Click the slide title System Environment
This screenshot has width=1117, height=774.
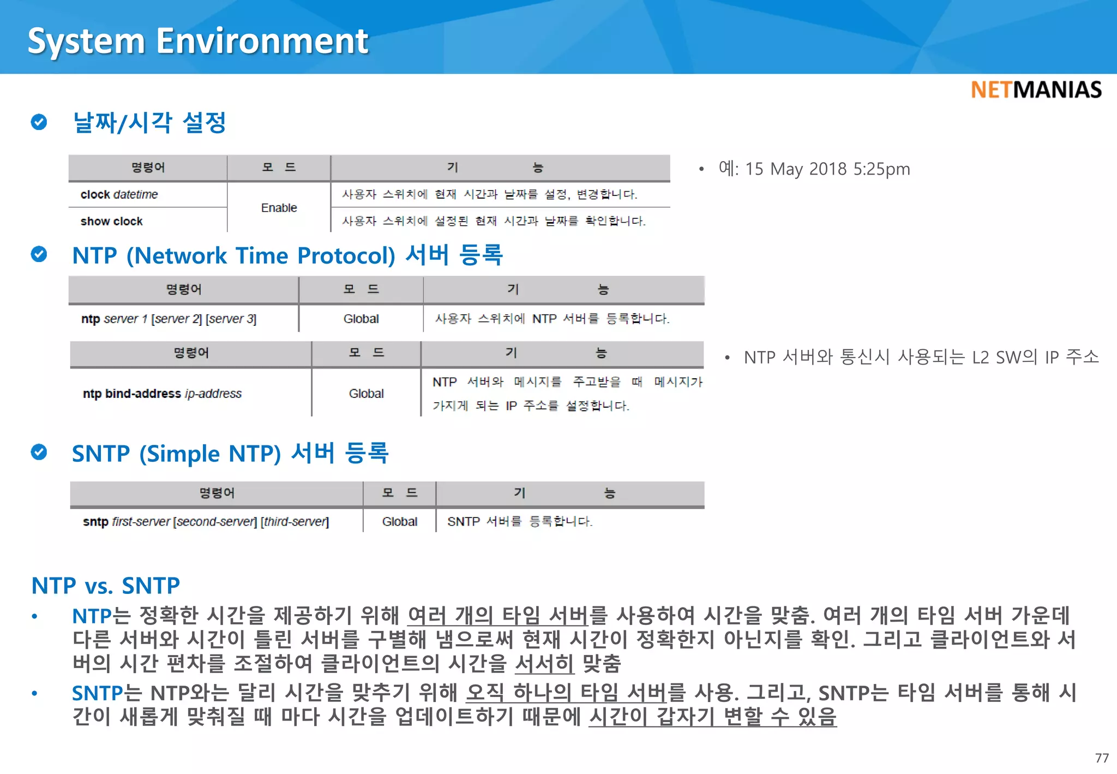click(198, 41)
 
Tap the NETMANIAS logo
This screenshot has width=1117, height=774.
click(1036, 90)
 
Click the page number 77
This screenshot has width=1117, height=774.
click(1101, 758)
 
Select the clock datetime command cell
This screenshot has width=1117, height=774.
click(119, 195)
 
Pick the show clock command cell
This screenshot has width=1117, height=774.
click(112, 221)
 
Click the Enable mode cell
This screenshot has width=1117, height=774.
click(279, 208)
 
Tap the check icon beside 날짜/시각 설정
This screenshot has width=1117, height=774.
click(39, 122)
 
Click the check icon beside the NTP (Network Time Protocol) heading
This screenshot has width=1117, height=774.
click(39, 254)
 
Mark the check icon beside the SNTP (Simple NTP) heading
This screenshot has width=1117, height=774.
click(39, 453)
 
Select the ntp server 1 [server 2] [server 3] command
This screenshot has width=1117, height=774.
click(169, 319)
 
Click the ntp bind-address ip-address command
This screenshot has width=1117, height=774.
click(162, 394)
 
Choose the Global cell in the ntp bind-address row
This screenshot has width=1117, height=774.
click(366, 394)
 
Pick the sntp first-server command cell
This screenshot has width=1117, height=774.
click(206, 522)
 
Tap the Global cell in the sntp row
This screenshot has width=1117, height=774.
click(399, 522)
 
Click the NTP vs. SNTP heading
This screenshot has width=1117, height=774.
click(106, 586)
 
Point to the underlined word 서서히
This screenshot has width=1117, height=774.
click(544, 664)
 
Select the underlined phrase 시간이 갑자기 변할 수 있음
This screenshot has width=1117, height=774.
click(712, 717)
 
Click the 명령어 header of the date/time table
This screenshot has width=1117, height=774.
click(148, 168)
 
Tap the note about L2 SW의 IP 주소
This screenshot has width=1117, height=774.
click(921, 358)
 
